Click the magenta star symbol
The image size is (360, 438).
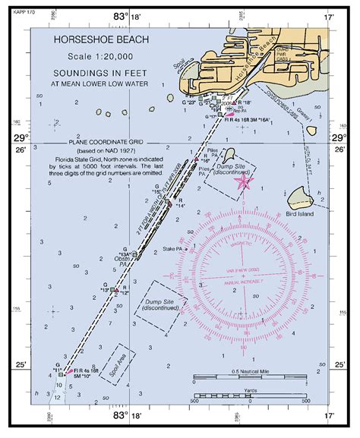click(x=244, y=181)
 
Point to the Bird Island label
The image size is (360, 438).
click(x=304, y=216)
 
